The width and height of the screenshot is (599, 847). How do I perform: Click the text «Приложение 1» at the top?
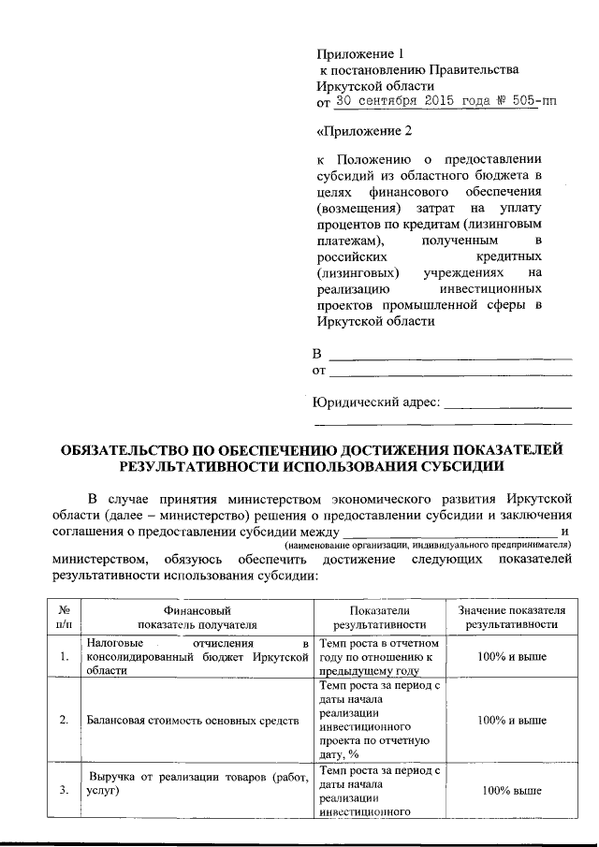coord(360,53)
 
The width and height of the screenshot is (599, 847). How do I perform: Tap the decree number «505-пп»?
coord(533,101)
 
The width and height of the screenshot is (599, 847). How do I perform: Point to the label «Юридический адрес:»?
coord(375,402)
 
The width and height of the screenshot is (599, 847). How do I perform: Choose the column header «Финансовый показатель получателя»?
coord(197,617)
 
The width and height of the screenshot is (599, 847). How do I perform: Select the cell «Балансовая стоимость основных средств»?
coord(193,721)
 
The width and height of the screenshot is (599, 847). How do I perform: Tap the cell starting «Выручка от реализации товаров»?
coord(197,782)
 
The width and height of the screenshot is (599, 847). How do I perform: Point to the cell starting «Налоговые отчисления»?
coord(197,657)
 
